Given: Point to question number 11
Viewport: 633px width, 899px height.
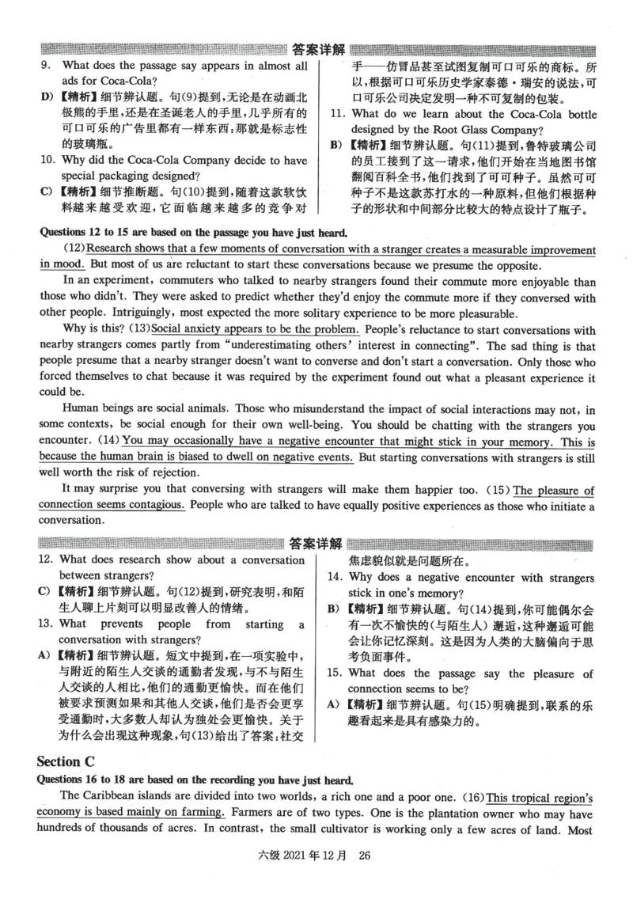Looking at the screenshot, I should point(337,114).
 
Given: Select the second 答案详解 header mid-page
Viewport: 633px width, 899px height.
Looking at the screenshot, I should point(316,544).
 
